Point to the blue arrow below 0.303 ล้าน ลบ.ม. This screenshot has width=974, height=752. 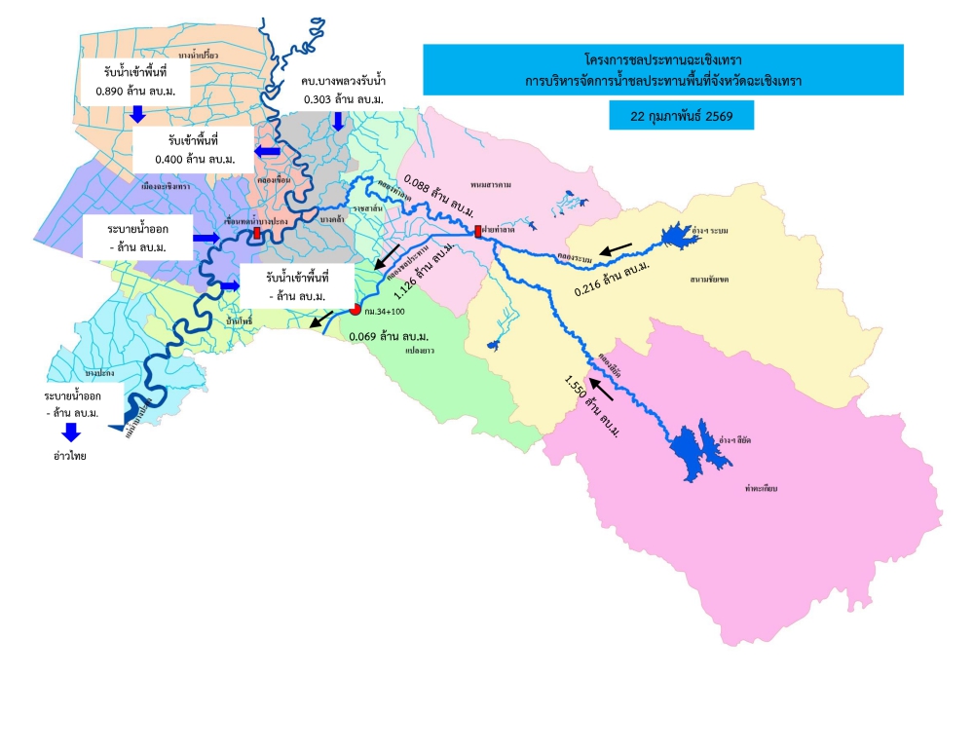[x=338, y=120]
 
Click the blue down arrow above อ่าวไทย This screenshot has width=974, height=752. [x=71, y=432]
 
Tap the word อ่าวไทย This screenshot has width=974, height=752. [x=71, y=455]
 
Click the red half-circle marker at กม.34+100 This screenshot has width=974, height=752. [x=355, y=310]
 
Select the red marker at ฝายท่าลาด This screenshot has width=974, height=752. [x=478, y=232]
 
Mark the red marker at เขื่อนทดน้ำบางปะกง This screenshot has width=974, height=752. [x=256, y=234]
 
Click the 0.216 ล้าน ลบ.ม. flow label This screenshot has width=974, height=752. [x=613, y=277]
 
